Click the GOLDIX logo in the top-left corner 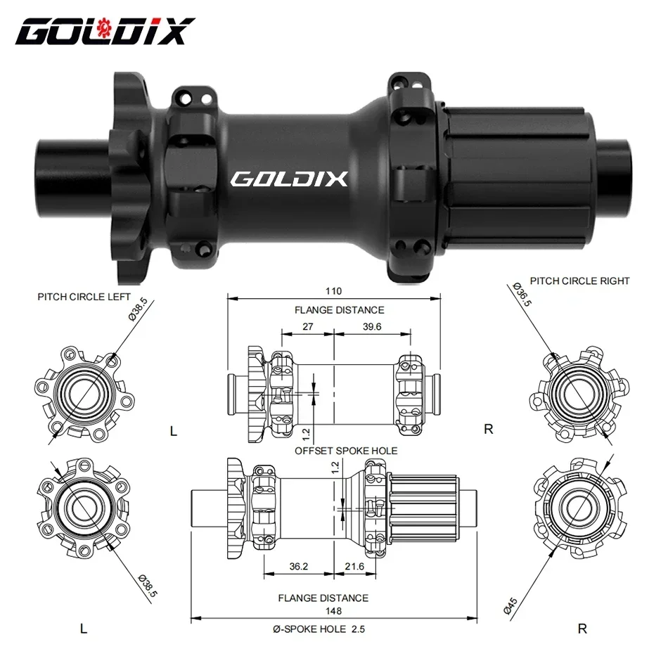coord(104,32)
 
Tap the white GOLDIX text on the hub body coord(289,179)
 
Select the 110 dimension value coord(333,291)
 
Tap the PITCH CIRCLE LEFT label coord(84,297)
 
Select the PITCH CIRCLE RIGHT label coord(579,281)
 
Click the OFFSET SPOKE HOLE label coord(346,451)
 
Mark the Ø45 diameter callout coord(513,605)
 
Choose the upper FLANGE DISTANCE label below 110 coord(339,309)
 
